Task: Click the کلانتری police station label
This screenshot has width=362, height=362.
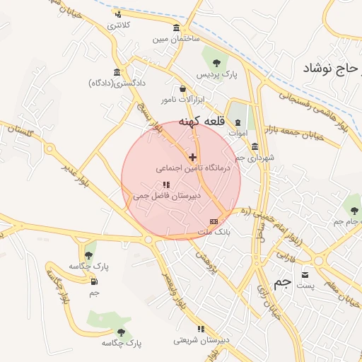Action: click(119, 25)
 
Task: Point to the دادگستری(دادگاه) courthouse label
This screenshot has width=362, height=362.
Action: click(117, 83)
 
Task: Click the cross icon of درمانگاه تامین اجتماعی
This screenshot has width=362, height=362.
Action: click(192, 156)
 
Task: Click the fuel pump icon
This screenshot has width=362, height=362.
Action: click(94, 281)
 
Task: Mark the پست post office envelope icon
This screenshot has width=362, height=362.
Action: click(305, 274)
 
